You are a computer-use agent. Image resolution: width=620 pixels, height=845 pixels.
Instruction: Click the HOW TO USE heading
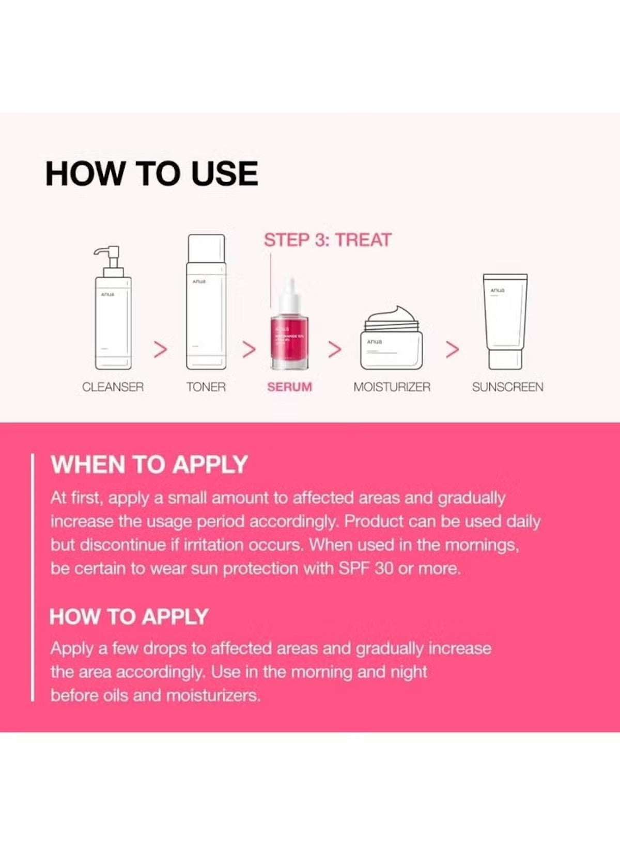[151, 173]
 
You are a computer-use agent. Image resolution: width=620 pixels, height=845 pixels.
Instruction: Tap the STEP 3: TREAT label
[328, 240]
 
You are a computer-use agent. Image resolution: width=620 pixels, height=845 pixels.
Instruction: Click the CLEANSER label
[113, 387]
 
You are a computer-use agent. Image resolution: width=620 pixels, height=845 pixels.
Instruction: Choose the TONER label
[206, 387]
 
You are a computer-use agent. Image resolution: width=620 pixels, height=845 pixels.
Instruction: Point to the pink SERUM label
[289, 387]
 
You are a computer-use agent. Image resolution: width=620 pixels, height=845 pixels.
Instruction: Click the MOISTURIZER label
[392, 387]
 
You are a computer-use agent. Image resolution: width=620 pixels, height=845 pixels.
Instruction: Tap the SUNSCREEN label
[507, 387]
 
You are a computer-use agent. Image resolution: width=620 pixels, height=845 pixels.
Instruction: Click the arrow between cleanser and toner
[161, 349]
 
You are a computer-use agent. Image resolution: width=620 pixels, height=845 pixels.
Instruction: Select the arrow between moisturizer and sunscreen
[452, 349]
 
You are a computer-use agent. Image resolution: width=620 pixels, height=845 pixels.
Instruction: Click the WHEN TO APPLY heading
[149, 465]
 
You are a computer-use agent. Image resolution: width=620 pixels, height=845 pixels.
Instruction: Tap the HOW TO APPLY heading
[129, 616]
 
